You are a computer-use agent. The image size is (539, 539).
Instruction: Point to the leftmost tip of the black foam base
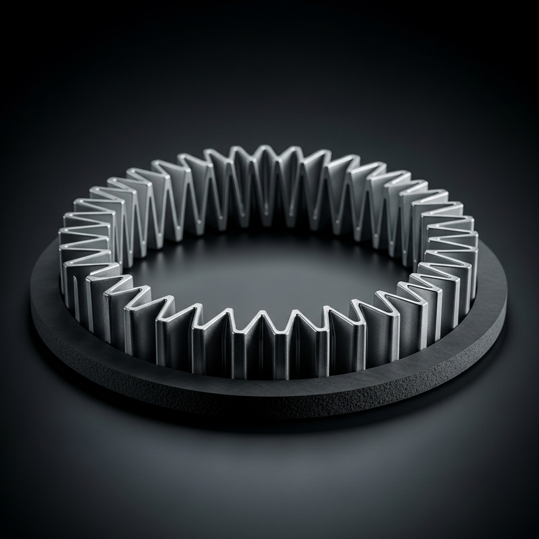(x=33, y=295)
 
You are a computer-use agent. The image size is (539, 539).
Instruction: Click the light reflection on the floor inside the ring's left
(x=174, y=274)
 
